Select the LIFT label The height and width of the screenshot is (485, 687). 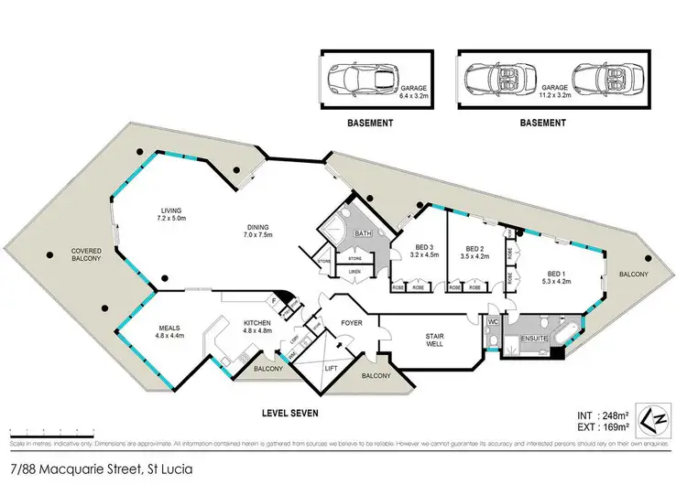click(332, 368)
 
